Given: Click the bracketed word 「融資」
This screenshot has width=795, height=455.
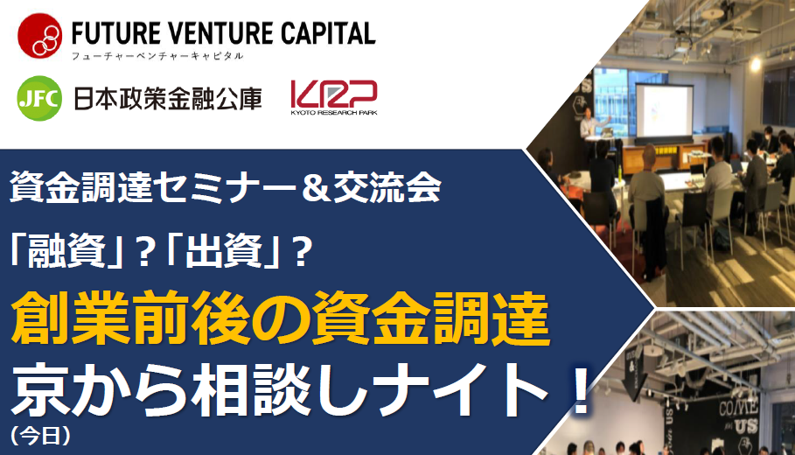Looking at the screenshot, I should (x=64, y=255).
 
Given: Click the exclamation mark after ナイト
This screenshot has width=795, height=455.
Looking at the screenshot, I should (x=575, y=387).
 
